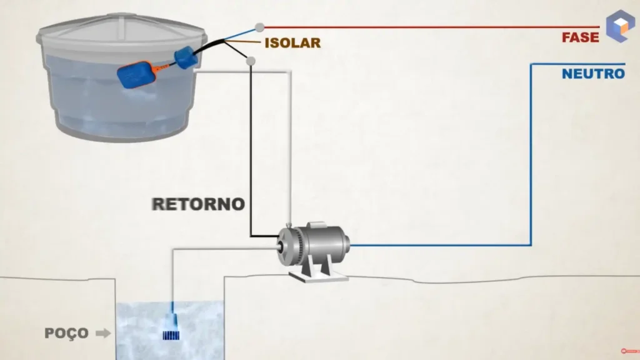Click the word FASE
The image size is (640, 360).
click(x=580, y=37)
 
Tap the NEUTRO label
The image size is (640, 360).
click(x=592, y=74)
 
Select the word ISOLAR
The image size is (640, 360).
click(x=292, y=43)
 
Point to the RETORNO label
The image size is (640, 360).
click(x=198, y=204)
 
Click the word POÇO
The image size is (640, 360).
click(x=66, y=333)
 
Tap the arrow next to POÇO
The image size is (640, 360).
click(x=102, y=333)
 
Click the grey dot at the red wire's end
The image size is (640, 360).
click(x=259, y=27)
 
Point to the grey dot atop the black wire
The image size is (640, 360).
click(x=251, y=61)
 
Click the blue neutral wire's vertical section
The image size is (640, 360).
click(x=531, y=156)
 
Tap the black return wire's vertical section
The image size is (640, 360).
click(x=251, y=150)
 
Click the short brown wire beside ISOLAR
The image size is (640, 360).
click(x=247, y=43)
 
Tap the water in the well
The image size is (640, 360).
click(x=144, y=325)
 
